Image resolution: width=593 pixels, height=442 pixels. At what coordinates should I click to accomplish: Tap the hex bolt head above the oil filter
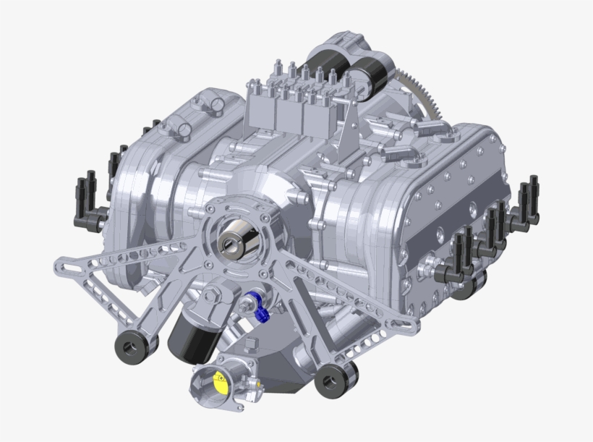point(213,296)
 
